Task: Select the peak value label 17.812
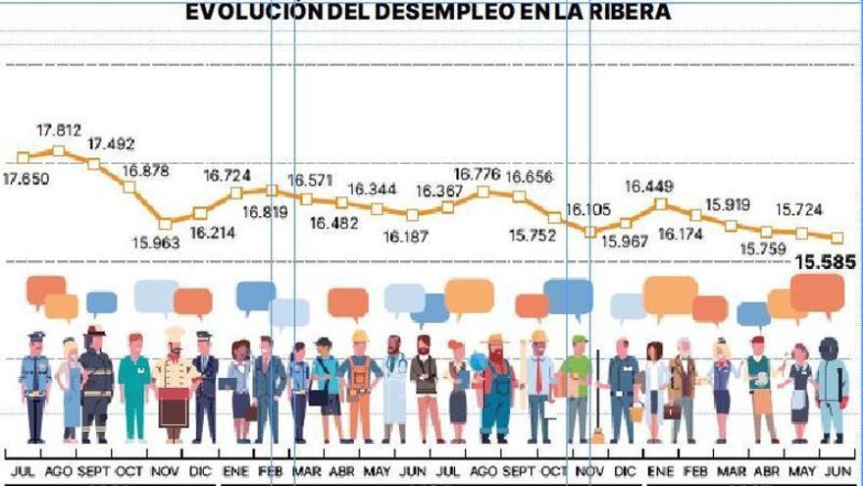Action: pyautogui.click(x=59, y=130)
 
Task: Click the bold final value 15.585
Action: pyautogui.click(x=825, y=263)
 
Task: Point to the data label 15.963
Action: pyautogui.click(x=156, y=243)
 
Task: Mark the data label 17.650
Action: pyautogui.click(x=28, y=179)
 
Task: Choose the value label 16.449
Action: pyautogui.click(x=649, y=187)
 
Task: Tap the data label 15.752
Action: pyautogui.click(x=533, y=236)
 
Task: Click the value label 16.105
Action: pyautogui.click(x=588, y=209)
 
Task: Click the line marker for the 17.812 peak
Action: pyautogui.click(x=59, y=150)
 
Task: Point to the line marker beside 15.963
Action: pyautogui.click(x=166, y=223)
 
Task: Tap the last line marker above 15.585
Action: pyautogui.click(x=838, y=238)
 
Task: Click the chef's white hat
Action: pyautogui.click(x=174, y=335)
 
